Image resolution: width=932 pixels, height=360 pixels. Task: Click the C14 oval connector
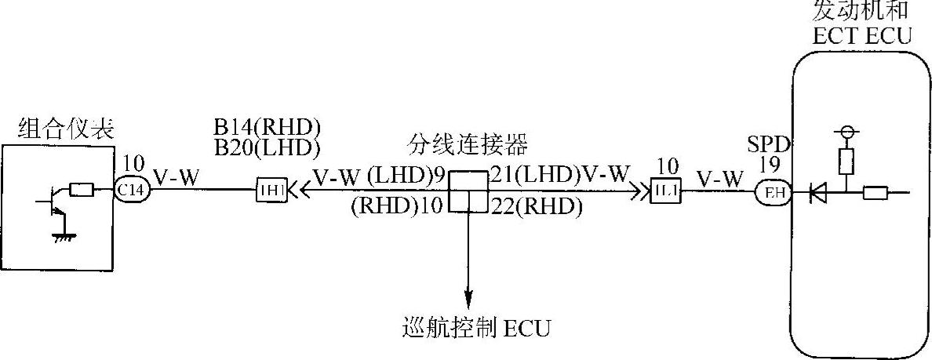(131, 191)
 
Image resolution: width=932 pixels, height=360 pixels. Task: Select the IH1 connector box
(269, 191)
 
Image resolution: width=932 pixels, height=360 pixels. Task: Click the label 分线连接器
(468, 145)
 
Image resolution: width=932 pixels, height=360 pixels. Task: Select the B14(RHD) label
(268, 128)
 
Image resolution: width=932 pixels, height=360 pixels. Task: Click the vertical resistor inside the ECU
(845, 161)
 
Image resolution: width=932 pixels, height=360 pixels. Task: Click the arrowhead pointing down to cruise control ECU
(468, 299)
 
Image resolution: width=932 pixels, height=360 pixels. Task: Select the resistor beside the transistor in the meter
(82, 189)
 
